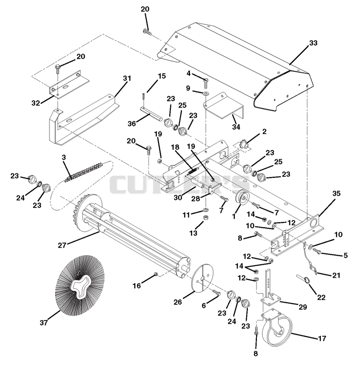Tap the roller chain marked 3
[84, 172]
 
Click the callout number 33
[313, 43]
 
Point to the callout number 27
[62, 245]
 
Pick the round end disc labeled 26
[202, 279]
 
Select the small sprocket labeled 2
[243, 145]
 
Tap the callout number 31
[127, 78]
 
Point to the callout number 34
[236, 127]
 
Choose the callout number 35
[337, 194]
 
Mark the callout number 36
[132, 123]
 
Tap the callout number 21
[337, 275]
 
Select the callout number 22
[321, 298]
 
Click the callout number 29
[303, 307]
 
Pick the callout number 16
[137, 286]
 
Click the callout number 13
[193, 233]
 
